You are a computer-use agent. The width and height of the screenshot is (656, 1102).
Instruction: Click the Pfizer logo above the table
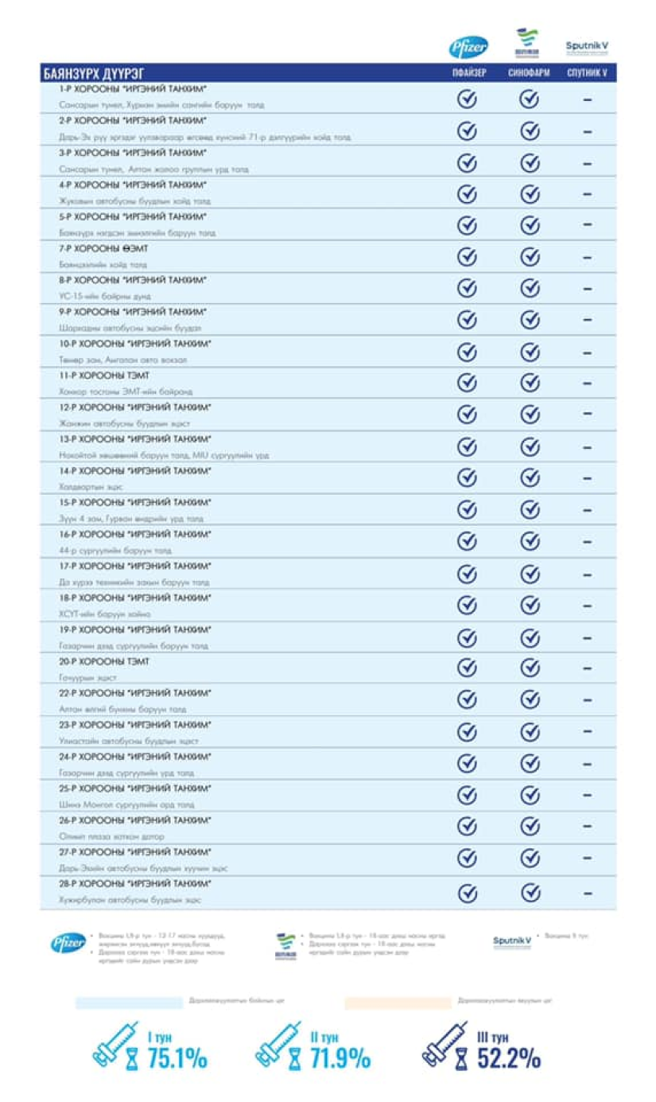[x=468, y=48]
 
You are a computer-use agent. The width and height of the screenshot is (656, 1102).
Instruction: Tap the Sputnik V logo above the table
[x=587, y=47]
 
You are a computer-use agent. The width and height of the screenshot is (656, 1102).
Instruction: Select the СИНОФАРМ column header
[x=530, y=74]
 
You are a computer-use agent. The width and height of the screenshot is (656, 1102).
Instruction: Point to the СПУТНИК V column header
[x=587, y=74]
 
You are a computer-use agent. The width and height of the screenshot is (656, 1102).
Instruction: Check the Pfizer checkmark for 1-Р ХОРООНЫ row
[x=468, y=99]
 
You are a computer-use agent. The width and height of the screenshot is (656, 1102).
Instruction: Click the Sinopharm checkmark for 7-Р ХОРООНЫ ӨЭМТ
[x=530, y=257]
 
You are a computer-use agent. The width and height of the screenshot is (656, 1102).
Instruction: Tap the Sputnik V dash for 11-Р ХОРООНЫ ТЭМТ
[x=588, y=384]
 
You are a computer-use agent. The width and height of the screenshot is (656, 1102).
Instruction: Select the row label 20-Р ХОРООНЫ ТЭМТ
[x=104, y=662]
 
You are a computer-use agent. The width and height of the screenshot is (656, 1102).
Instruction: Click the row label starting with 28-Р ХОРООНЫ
[x=135, y=884]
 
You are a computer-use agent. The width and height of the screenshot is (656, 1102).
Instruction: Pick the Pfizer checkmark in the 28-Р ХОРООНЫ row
[x=468, y=893]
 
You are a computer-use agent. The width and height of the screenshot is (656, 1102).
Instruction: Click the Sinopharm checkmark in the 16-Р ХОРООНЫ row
[x=530, y=541]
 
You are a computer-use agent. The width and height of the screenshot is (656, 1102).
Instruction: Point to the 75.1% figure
[x=177, y=1059]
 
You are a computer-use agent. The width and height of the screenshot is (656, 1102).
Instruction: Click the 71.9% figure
[x=340, y=1059]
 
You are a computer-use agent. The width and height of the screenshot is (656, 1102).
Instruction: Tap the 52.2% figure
[x=509, y=1059]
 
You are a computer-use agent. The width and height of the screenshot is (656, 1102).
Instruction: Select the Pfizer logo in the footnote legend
[x=68, y=944]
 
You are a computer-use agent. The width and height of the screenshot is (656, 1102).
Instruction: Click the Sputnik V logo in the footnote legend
[x=512, y=942]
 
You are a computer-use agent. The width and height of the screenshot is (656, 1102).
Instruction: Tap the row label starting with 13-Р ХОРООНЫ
[x=135, y=439]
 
